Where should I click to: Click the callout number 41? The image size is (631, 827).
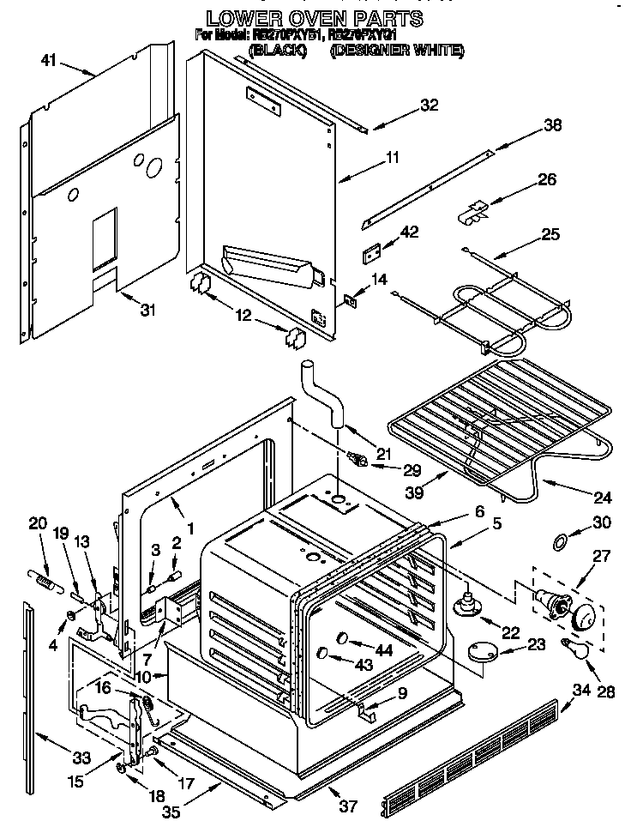tap(47, 60)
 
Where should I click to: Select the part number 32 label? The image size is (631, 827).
tap(429, 106)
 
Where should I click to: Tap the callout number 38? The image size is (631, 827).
tap(553, 125)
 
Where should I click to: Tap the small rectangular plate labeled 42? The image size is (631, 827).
tap(370, 255)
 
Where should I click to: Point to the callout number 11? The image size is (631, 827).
tap(393, 157)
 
